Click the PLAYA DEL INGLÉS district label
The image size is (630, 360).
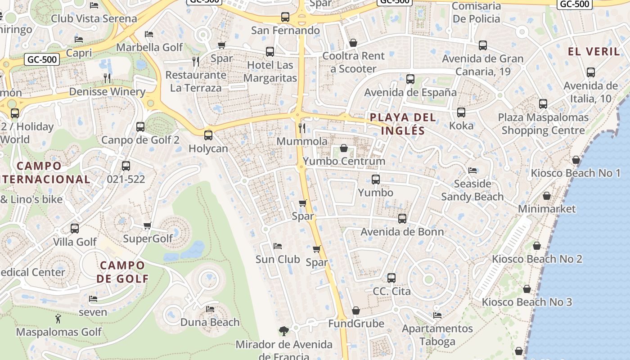click(x=403, y=124)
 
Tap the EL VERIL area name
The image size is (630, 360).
click(x=594, y=51)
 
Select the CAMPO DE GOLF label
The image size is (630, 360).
click(x=122, y=272)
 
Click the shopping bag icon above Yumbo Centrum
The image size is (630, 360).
click(x=344, y=148)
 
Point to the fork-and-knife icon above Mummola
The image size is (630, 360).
click(x=302, y=128)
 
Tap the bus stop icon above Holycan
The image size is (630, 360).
click(x=208, y=135)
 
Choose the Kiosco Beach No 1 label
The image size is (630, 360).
click(x=576, y=173)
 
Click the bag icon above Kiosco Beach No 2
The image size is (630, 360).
click(x=536, y=246)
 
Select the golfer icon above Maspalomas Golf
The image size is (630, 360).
click(x=58, y=319)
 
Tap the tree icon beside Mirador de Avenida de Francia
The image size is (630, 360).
click(x=283, y=331)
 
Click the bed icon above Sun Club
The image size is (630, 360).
click(x=278, y=246)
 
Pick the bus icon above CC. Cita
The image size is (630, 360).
click(x=391, y=278)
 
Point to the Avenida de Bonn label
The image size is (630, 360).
click(x=402, y=232)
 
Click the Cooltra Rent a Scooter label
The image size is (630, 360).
click(x=354, y=62)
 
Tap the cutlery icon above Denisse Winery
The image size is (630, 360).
click(x=107, y=78)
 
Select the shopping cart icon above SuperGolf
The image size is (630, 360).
click(x=147, y=225)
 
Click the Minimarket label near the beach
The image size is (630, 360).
click(x=547, y=209)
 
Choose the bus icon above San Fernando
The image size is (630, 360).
click(x=285, y=17)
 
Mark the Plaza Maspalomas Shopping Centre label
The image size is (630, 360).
click(x=543, y=124)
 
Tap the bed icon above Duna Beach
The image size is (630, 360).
click(x=210, y=309)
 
